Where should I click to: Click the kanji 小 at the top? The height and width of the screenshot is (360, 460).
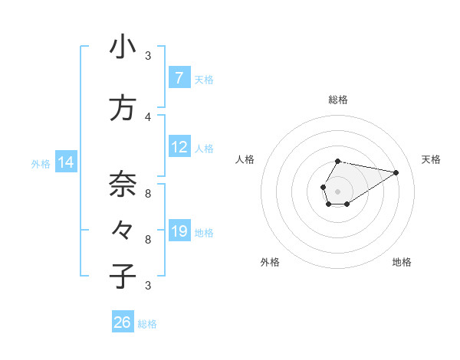(x=123, y=47)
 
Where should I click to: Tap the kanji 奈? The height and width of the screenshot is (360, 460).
(x=123, y=184)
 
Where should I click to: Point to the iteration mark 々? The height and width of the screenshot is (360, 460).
(x=123, y=230)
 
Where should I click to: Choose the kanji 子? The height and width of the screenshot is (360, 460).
(x=123, y=276)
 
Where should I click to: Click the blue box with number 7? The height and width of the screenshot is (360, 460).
(x=179, y=77)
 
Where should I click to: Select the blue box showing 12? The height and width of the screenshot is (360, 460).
(x=179, y=147)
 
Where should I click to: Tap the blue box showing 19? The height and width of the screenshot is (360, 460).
(x=179, y=231)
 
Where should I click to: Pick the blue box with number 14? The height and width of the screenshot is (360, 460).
(x=66, y=162)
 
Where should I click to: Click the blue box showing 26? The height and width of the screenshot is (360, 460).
(x=123, y=322)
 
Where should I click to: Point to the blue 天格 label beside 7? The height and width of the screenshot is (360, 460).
(x=204, y=79)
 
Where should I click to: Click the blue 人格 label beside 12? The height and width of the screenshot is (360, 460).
(x=204, y=148)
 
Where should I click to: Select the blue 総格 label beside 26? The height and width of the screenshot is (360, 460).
(x=147, y=324)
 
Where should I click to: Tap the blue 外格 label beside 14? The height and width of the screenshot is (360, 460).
(x=41, y=163)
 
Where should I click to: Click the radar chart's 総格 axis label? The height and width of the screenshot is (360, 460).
(x=337, y=100)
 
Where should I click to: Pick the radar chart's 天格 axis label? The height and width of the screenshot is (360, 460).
(x=432, y=159)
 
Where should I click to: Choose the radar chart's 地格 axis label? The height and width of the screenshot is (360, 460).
(x=402, y=262)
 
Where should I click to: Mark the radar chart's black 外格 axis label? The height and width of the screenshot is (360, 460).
(x=270, y=262)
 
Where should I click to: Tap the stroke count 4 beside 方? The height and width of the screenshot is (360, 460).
(x=148, y=116)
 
